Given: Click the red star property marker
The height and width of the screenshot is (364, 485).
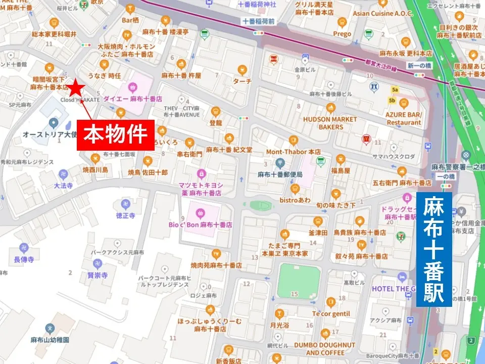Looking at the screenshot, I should click(76, 88).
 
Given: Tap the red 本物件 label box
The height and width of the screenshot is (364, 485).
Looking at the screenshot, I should click(115, 135).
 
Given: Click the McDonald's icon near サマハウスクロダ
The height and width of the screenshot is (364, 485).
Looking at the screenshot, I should click(367, 138).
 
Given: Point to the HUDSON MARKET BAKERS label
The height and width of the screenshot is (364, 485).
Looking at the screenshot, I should click(330, 123).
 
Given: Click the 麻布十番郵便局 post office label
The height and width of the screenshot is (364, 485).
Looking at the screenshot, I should click(280, 174).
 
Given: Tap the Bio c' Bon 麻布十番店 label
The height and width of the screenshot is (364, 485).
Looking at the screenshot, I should click(201, 224).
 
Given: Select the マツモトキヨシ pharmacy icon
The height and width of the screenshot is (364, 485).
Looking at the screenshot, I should click(202, 173).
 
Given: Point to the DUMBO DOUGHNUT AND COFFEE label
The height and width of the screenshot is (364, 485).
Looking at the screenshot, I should click(331, 348).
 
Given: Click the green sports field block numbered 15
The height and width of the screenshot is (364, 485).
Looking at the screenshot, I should click(298, 281).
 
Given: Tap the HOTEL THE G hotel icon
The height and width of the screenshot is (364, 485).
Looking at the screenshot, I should click(402, 277).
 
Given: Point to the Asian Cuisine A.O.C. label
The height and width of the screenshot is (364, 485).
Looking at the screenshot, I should click(382, 13).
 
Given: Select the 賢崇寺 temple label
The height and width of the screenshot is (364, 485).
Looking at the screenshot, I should click(98, 276).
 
